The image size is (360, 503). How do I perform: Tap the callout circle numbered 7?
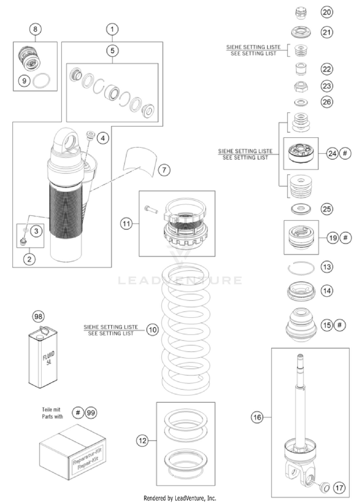[164, 170]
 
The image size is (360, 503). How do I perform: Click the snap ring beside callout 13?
[300, 267]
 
